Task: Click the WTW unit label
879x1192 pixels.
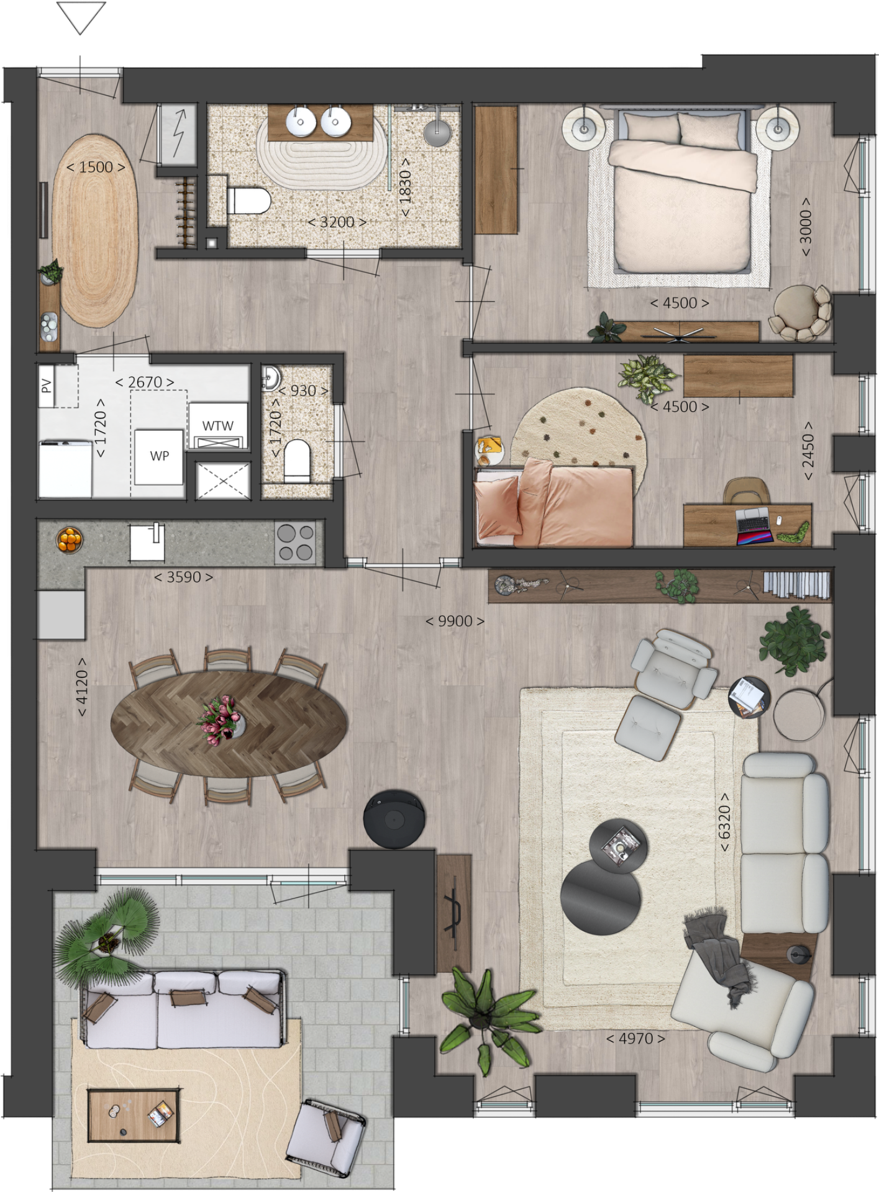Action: point(218,426)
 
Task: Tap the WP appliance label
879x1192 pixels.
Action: point(160,456)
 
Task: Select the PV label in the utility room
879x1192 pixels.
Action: point(46,386)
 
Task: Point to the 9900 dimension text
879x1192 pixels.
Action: point(455,621)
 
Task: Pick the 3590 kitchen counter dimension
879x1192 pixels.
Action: point(184,577)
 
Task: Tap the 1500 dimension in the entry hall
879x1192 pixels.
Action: point(96,168)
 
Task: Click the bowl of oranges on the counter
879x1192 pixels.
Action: point(70,539)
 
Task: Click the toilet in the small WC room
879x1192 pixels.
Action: point(296,461)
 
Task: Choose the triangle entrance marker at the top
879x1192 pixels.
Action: point(80,18)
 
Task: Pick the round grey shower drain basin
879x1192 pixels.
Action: point(439,132)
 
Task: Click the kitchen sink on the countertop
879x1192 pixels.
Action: point(148,543)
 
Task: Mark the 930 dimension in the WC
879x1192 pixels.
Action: point(303,391)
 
